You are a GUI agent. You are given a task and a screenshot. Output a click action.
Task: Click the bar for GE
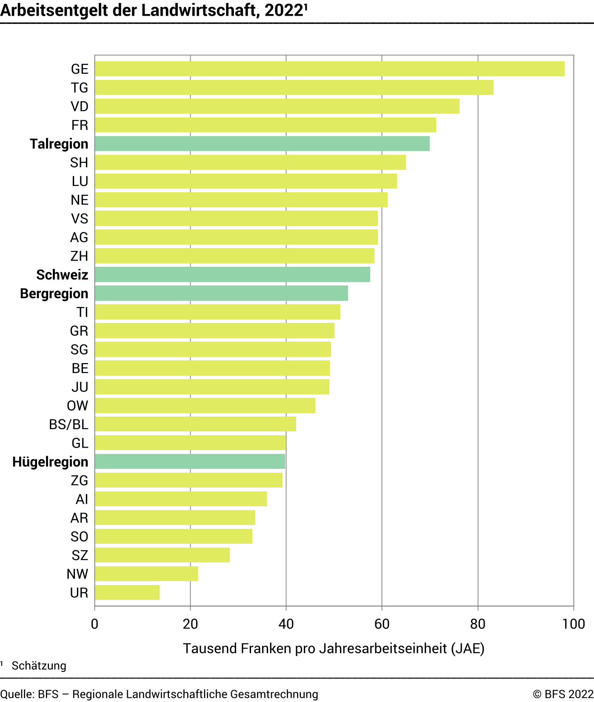click(x=330, y=69)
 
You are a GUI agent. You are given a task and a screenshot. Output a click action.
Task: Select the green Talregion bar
click(x=262, y=144)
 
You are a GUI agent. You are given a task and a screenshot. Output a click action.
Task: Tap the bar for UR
click(x=127, y=592)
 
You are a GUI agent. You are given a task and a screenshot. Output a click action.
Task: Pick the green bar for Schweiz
click(x=232, y=274)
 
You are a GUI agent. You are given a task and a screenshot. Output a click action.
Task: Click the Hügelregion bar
click(x=190, y=462)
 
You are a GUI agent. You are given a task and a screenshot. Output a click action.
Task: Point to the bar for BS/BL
click(x=195, y=424)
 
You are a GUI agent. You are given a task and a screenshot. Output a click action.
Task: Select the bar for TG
click(x=294, y=88)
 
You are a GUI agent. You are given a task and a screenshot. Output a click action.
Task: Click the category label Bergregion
click(x=54, y=294)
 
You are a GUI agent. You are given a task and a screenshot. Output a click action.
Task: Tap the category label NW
click(x=77, y=574)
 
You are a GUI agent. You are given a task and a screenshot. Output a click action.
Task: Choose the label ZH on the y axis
click(x=79, y=256)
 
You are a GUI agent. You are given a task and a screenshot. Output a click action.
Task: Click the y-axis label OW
click(x=77, y=406)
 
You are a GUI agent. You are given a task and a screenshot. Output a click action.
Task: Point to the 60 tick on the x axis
click(x=382, y=624)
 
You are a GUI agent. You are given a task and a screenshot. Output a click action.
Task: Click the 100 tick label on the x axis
click(x=573, y=624)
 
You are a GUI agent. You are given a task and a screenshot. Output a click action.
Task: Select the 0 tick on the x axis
click(x=94, y=624)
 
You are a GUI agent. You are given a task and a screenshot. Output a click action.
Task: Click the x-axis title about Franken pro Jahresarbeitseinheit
click(x=334, y=648)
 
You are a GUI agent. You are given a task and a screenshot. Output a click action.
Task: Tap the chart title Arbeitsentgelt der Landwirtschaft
click(x=153, y=10)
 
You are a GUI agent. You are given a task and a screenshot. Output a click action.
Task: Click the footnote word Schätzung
click(x=39, y=666)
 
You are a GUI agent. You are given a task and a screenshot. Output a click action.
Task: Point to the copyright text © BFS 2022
click(x=563, y=694)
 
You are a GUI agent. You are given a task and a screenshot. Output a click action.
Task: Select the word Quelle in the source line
click(x=17, y=694)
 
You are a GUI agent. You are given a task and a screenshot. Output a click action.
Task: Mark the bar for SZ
click(x=162, y=555)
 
